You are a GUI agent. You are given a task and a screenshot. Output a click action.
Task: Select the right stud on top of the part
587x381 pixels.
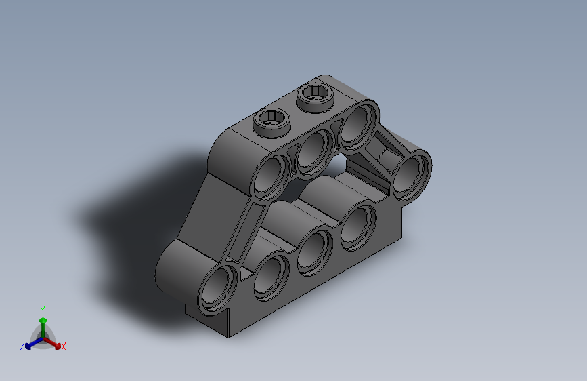point(314,97)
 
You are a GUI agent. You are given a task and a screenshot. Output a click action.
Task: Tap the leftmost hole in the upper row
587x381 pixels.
point(274,174)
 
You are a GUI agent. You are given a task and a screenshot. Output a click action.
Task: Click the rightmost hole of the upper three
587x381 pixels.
point(356,124)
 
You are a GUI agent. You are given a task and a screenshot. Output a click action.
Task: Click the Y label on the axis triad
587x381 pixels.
point(43,308)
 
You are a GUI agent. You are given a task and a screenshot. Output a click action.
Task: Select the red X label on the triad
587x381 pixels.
point(64,347)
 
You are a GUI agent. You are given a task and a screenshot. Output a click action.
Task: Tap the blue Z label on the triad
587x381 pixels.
point(22,346)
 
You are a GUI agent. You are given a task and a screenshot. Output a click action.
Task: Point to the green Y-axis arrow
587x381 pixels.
point(43,324)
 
